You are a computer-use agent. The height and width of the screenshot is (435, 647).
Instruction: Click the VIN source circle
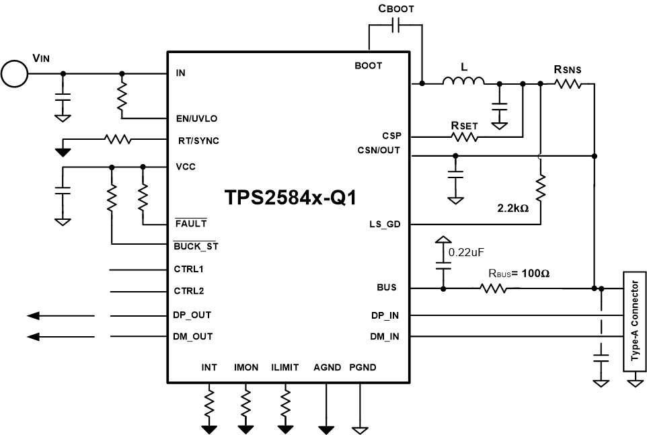13,73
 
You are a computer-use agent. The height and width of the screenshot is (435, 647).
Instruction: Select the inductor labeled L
463,82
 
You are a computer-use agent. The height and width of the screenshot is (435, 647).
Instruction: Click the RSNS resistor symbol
567,83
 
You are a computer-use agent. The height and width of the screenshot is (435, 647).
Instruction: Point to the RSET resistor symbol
465,136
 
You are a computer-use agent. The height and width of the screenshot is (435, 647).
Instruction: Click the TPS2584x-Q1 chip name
290,198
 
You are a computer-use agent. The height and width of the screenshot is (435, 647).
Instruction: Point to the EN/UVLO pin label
196,118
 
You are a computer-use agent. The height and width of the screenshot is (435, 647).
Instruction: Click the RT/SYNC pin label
196,141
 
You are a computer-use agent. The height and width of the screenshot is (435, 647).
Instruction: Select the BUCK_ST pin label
196,246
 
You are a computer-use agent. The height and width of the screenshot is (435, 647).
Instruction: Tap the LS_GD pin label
385,225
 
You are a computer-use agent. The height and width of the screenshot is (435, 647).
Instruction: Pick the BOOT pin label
368,65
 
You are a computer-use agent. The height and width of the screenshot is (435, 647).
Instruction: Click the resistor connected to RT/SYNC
118,140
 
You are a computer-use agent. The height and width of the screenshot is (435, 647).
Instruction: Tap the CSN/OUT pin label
379,150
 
